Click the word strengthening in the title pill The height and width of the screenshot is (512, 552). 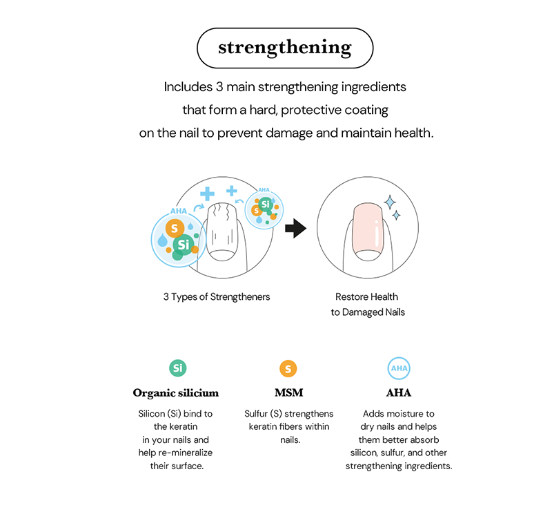pyautogui.click(x=285, y=48)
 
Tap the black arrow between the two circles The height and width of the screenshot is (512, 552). pyautogui.click(x=295, y=228)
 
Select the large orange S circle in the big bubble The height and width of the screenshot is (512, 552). pyautogui.click(x=175, y=227)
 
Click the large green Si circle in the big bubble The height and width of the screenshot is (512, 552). pyautogui.click(x=183, y=244)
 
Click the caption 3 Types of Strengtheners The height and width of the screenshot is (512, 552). pyautogui.click(x=217, y=296)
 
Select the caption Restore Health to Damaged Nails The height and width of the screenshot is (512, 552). pyautogui.click(x=366, y=304)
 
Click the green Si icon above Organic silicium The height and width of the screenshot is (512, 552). pyautogui.click(x=178, y=368)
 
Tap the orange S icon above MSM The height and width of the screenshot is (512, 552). pyautogui.click(x=288, y=368)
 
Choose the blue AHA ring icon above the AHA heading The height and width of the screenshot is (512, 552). pyautogui.click(x=399, y=368)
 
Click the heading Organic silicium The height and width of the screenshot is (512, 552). pyautogui.click(x=175, y=392)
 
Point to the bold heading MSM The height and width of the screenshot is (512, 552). pyautogui.click(x=288, y=392)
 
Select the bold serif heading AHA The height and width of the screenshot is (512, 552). pyautogui.click(x=399, y=392)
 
